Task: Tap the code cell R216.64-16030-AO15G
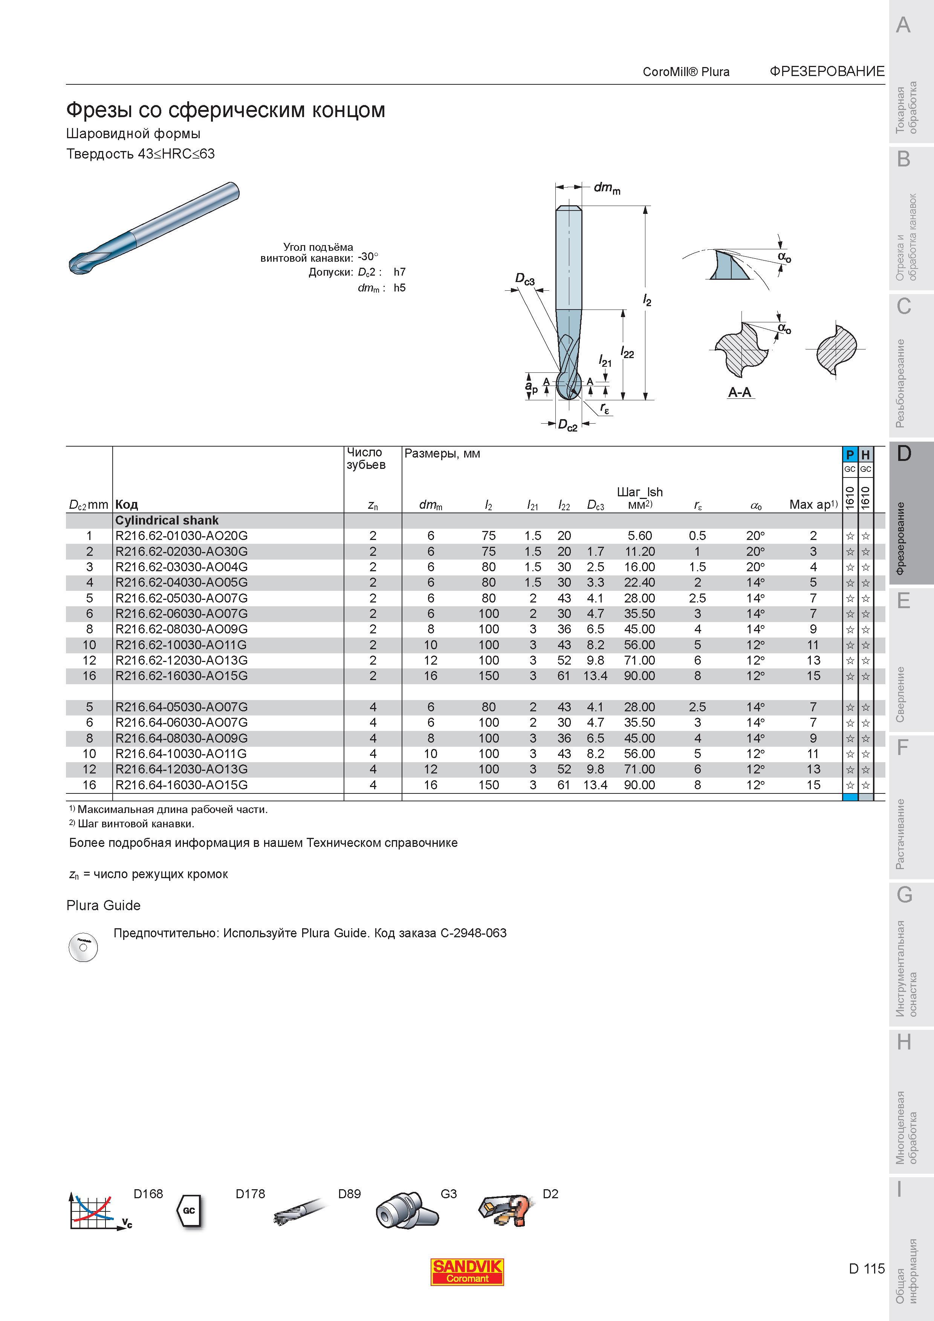tap(181, 785)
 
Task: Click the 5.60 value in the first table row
tap(639, 535)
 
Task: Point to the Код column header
tap(127, 505)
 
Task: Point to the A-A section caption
tap(740, 392)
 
